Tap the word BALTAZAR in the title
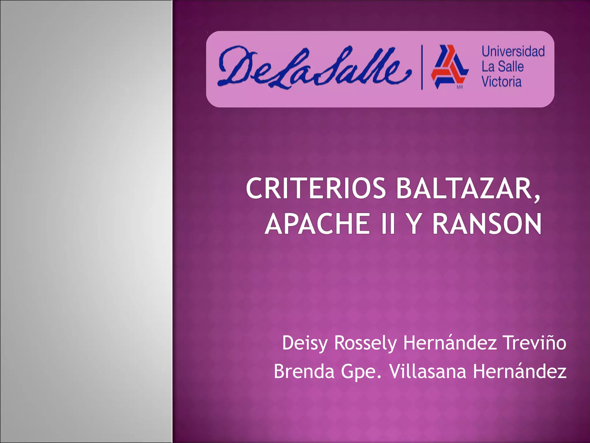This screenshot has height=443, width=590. [x=468, y=188]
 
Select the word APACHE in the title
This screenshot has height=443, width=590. [x=317, y=224]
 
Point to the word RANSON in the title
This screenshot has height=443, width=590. [x=487, y=224]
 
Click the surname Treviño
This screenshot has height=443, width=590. [x=535, y=343]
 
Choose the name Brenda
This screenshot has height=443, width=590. [x=304, y=371]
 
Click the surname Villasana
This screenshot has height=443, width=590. [x=428, y=371]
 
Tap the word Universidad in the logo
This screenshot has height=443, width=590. [x=513, y=51]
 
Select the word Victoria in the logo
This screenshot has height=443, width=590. [x=502, y=82]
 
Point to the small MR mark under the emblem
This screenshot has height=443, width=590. [x=460, y=87]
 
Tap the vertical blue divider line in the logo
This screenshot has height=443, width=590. [x=422, y=67]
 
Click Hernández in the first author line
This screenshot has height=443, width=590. [x=450, y=343]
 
